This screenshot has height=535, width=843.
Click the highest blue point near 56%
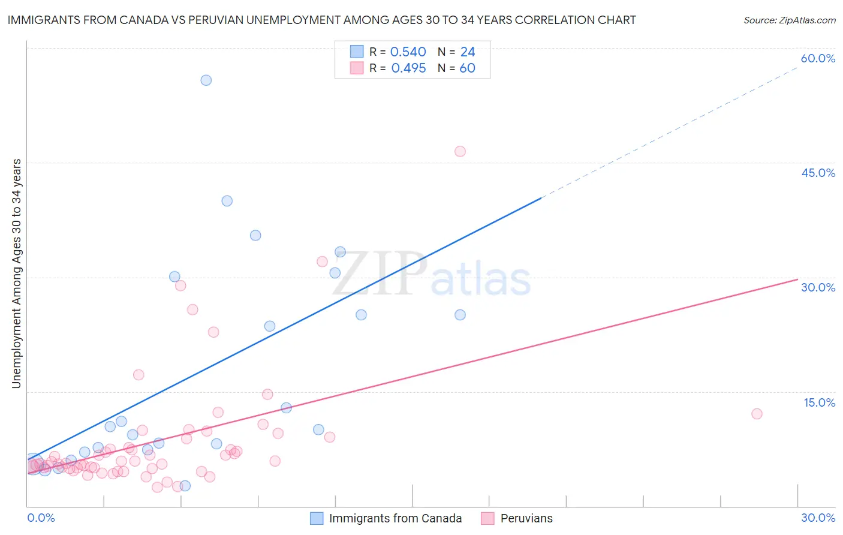point(206,80)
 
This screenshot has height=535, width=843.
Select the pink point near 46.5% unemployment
point(460,151)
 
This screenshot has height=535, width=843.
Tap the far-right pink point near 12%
point(757,414)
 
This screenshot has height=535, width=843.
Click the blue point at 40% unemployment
point(227,201)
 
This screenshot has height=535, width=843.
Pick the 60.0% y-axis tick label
point(818,59)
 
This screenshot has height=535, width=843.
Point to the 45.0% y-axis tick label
point(818,173)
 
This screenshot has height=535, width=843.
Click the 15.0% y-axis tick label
point(819,402)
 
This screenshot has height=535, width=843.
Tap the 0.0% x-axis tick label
point(41,518)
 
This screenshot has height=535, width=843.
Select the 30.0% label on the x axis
point(818,518)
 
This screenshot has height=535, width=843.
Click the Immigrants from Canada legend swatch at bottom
point(317,518)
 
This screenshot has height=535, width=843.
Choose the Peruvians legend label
point(526,518)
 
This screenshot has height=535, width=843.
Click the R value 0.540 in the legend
point(408,52)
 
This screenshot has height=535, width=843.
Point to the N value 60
point(467,68)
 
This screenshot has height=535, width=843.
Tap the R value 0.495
point(408,68)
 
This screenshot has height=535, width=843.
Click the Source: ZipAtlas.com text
point(789,20)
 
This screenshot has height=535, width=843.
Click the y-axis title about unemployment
point(17,273)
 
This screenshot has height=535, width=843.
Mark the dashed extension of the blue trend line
point(672,132)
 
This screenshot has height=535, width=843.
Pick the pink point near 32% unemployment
point(322,262)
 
